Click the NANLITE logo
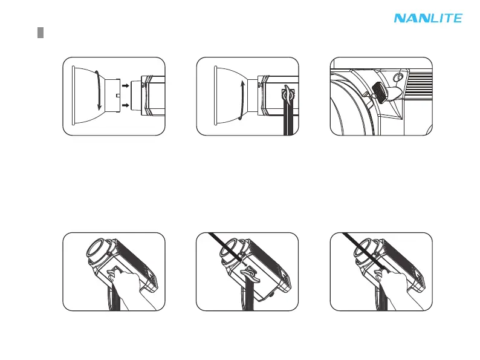tap(428, 18)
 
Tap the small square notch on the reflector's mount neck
tap(117, 96)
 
